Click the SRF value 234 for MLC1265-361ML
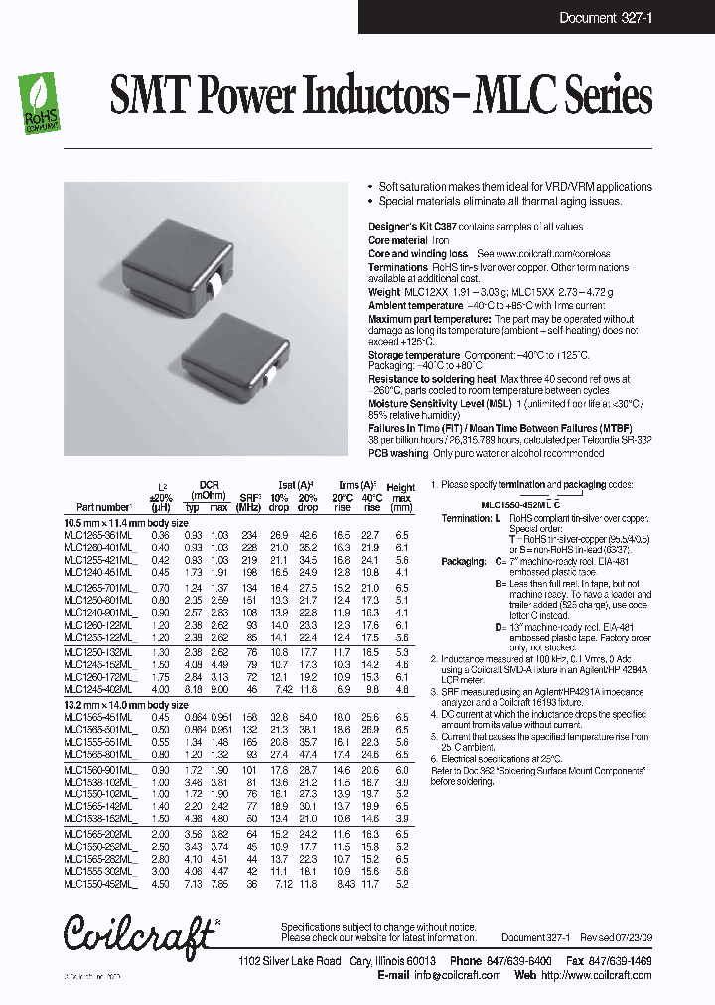pyautogui.click(x=248, y=534)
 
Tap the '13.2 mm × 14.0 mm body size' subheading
pyautogui.click(x=125, y=704)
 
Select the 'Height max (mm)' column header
pyautogui.click(x=401, y=498)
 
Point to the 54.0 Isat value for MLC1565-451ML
pyautogui.click(x=308, y=716)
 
